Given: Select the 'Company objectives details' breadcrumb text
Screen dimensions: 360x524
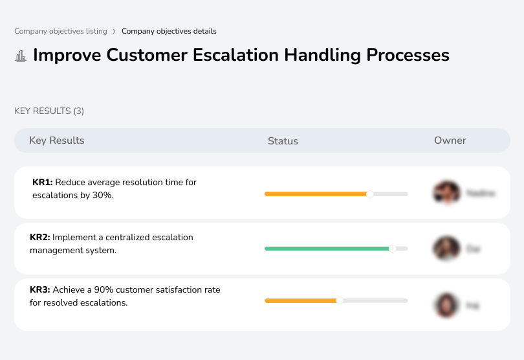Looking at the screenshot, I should pyautogui.click(x=169, y=31).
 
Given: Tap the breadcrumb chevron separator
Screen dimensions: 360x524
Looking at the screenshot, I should pyautogui.click(x=114, y=31).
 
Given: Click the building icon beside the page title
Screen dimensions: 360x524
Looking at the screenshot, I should pyautogui.click(x=21, y=56).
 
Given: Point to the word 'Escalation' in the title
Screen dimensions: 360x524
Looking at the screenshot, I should pyautogui.click(x=235, y=55).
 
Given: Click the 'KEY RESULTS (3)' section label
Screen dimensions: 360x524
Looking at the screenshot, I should pyautogui.click(x=49, y=111).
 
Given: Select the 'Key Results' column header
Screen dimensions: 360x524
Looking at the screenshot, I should pyautogui.click(x=56, y=141).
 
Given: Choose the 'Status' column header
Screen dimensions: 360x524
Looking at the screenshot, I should pyautogui.click(x=283, y=141).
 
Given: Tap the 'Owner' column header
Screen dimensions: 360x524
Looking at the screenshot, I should pyautogui.click(x=450, y=141).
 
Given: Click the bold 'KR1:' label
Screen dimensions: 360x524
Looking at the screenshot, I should pyautogui.click(x=42, y=183).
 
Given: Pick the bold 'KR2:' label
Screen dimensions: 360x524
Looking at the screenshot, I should pyautogui.click(x=40, y=238).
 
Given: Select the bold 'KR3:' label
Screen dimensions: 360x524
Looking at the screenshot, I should pyautogui.click(x=40, y=290).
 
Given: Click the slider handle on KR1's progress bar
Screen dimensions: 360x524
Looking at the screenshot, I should pyautogui.click(x=370, y=194).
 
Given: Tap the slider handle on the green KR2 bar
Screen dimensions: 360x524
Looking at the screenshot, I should pyautogui.click(x=392, y=248).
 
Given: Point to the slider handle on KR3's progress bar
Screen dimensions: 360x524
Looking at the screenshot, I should pyautogui.click(x=340, y=300).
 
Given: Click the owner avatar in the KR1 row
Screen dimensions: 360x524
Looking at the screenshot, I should pyautogui.click(x=446, y=193).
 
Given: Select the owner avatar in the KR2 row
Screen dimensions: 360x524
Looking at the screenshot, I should pyautogui.click(x=446, y=248).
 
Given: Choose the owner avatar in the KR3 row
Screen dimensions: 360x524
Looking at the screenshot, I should pyautogui.click(x=446, y=304).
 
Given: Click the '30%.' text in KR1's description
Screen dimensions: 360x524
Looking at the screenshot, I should pyautogui.click(x=104, y=195).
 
